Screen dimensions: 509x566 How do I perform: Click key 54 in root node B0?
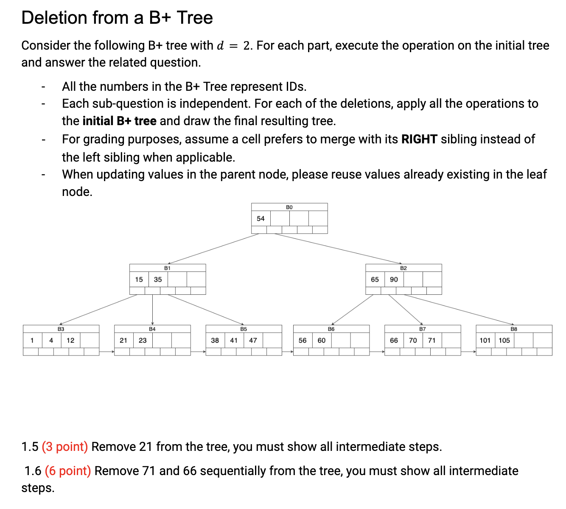coord(261,218)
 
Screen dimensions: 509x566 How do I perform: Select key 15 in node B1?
coord(139,280)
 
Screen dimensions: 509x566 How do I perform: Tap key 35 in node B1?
coord(158,280)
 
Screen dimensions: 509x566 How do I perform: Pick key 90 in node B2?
coord(394,280)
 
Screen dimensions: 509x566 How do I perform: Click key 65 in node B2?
coord(375,280)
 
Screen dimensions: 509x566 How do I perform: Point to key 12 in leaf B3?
coord(70,340)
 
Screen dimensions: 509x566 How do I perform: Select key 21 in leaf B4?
coord(123,340)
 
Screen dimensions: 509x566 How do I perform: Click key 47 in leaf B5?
coord(253,340)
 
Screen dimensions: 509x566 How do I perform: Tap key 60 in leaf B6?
coord(322,340)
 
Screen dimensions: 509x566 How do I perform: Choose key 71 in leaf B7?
coord(432,340)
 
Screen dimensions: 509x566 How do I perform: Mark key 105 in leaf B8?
coord(504,340)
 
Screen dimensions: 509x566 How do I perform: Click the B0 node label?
coord(289,207)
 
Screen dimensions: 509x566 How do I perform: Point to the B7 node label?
coord(423,329)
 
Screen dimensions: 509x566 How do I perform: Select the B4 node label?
coord(152,329)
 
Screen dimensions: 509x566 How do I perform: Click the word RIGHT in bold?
coord(419,139)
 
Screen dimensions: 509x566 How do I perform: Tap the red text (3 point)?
coord(65,447)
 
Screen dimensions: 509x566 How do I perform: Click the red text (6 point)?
coord(68,471)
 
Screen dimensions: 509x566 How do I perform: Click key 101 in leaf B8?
coord(485,340)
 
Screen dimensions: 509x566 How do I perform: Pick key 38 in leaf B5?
coord(215,340)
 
